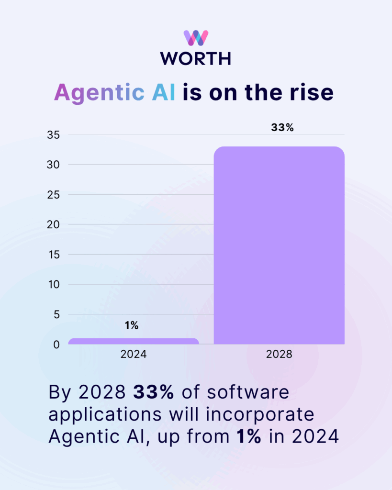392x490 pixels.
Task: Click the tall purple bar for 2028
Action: (x=279, y=245)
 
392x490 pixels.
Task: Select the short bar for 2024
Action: (x=134, y=341)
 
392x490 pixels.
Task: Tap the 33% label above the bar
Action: (x=279, y=128)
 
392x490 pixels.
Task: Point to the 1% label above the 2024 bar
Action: (x=132, y=326)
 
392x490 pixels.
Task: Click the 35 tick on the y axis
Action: (x=53, y=135)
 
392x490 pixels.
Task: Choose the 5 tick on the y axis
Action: (x=56, y=314)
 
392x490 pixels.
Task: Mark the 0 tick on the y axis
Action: (x=56, y=345)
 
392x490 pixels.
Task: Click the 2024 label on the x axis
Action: (x=134, y=355)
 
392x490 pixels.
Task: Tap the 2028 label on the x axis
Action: (x=279, y=355)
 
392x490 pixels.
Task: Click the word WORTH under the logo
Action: (x=196, y=58)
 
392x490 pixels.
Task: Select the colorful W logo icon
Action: (x=196, y=38)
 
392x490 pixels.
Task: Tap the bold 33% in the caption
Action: (x=154, y=392)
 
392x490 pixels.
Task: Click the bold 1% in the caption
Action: (x=247, y=436)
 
